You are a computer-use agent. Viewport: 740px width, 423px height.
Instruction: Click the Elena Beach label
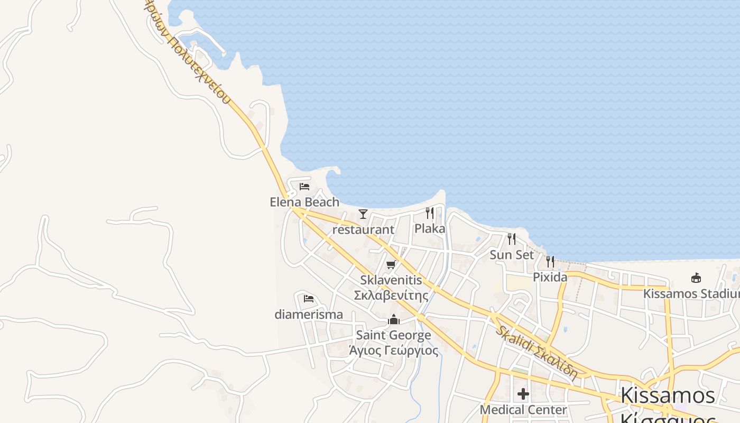[x=304, y=202]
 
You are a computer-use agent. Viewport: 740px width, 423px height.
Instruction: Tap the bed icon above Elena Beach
[x=304, y=186]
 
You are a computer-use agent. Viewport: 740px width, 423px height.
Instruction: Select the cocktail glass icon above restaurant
[x=363, y=214]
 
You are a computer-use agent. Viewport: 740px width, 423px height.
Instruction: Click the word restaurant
[x=363, y=229]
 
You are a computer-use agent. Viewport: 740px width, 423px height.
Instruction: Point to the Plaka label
[x=430, y=228]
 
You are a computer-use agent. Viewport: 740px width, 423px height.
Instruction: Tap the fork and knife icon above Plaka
[x=430, y=213]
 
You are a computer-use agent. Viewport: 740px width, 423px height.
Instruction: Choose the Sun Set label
[x=512, y=254]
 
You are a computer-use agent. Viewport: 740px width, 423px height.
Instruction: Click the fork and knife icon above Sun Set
[x=511, y=239]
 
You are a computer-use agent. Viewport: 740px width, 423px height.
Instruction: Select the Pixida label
[x=550, y=277]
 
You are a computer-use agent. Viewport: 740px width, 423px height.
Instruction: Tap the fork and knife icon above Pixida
[x=550, y=261]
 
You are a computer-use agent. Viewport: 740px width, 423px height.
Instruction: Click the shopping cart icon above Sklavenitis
[x=391, y=264]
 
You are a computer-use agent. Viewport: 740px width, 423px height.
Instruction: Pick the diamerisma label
[x=309, y=314]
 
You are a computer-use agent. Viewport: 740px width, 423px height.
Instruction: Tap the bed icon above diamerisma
[x=309, y=299]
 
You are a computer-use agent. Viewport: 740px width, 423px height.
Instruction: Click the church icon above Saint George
[x=394, y=319]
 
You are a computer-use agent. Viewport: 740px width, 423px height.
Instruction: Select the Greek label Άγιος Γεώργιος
[x=393, y=350]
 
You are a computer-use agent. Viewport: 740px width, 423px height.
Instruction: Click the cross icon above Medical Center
[x=523, y=394]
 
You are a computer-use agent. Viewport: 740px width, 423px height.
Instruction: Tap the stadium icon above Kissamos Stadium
[x=696, y=278]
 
